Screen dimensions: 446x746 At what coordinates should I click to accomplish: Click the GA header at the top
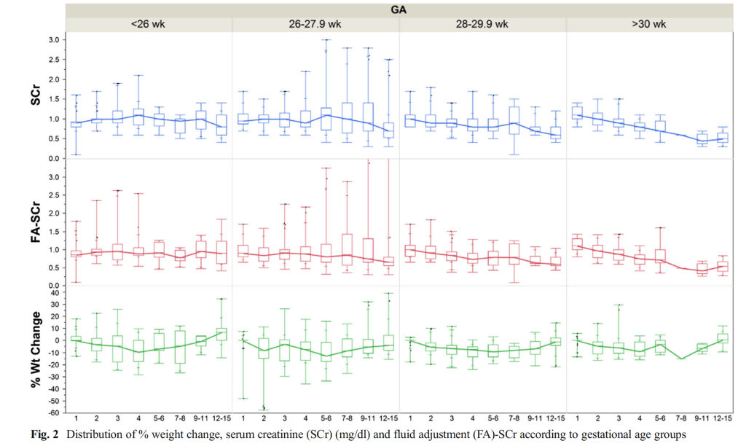click(399, 9)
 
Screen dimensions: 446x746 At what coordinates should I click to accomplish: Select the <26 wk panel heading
click(148, 24)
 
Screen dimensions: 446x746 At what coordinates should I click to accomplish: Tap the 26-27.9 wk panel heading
click(315, 24)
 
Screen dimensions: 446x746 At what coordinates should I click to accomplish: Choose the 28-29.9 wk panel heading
click(482, 24)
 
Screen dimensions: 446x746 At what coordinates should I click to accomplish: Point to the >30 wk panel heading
click(648, 24)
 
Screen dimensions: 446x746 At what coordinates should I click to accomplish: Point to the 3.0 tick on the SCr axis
click(53, 39)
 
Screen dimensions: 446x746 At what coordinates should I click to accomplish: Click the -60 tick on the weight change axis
click(52, 412)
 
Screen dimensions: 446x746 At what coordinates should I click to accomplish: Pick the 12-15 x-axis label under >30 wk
click(723, 419)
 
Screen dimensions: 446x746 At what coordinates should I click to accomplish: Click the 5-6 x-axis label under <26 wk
click(160, 419)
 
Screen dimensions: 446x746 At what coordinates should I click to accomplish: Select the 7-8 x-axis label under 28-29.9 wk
click(514, 419)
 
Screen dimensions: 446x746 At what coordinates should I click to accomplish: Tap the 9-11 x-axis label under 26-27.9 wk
click(368, 419)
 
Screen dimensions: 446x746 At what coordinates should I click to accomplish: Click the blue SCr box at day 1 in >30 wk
click(578, 113)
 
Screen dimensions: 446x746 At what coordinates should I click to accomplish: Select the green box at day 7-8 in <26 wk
click(180, 347)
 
